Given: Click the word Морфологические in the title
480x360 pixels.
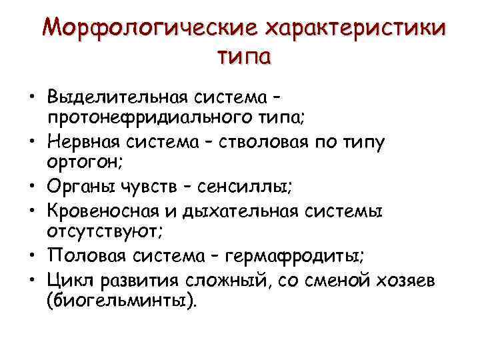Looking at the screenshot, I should (x=148, y=29).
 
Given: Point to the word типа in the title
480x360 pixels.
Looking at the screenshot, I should (x=244, y=56).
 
